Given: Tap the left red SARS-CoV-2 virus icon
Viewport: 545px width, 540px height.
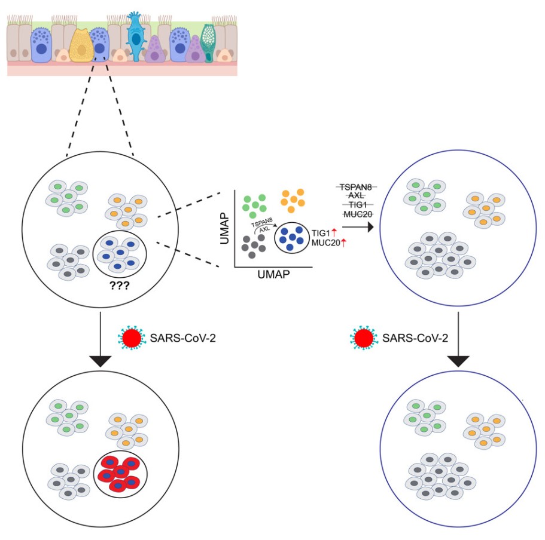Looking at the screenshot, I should pos(131,337).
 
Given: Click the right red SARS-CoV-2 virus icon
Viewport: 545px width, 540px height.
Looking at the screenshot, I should pos(363,337).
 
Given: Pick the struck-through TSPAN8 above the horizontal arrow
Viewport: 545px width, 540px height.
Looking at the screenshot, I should pos(355,187).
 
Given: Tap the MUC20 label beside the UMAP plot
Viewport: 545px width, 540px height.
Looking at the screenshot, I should pos(324,242).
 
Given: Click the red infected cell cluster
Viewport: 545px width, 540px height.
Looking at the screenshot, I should pos(120,474).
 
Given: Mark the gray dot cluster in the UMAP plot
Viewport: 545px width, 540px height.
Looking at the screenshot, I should pos(253,245).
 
